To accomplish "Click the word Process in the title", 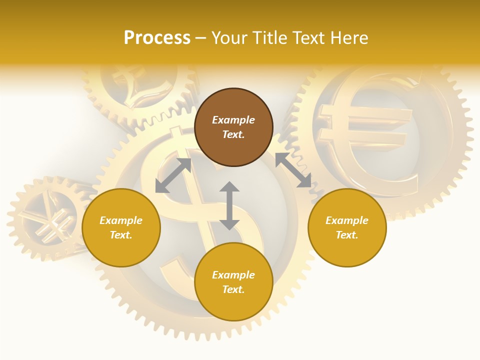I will [157, 38].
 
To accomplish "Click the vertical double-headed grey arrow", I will [229, 205].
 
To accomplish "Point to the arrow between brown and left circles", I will [173, 175].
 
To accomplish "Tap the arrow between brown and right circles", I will [293, 170].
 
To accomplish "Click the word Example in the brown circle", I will [233, 120].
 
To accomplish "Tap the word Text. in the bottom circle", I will [233, 289].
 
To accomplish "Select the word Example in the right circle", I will [347, 220].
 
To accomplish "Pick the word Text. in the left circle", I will [121, 235].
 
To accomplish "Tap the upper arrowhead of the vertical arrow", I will [229, 187].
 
